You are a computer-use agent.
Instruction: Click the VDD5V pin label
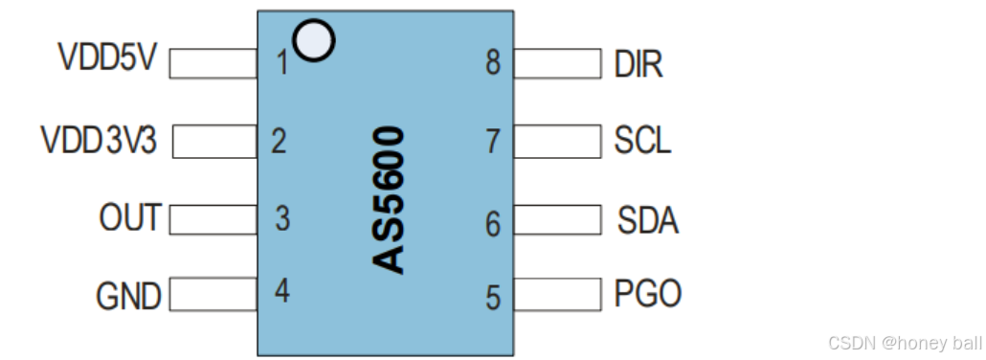click(106, 58)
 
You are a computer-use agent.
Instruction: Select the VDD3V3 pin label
click(99, 141)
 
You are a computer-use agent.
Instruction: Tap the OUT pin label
click(130, 217)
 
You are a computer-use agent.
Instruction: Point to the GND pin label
click(128, 296)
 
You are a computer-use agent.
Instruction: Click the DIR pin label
click(638, 65)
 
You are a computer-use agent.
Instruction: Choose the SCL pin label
click(642, 141)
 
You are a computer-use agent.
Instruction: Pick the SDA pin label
click(648, 221)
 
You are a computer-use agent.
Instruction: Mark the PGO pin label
click(648, 294)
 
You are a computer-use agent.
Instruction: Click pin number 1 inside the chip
click(281, 64)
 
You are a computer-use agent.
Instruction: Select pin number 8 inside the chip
click(493, 64)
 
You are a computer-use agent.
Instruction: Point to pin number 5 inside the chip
click(493, 298)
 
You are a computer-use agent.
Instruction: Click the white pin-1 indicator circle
click(315, 39)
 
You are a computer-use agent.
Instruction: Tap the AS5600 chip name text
click(389, 198)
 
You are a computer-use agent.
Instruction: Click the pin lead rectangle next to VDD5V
click(213, 63)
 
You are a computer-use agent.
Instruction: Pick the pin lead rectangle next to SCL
click(557, 142)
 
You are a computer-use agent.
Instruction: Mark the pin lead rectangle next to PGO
click(557, 294)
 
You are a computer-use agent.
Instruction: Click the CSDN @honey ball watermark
click(904, 343)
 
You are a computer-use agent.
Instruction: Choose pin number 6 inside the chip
click(493, 224)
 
